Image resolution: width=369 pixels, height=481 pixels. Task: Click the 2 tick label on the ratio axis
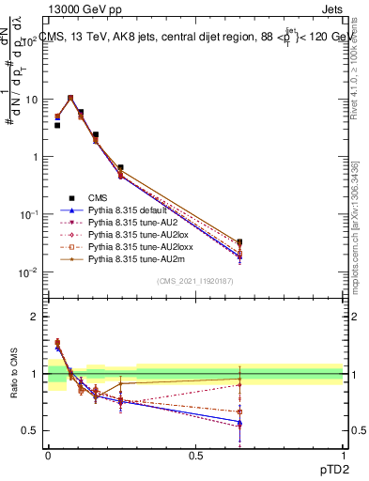tap(32, 317)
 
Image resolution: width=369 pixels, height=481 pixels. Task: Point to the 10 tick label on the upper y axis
tap(28, 100)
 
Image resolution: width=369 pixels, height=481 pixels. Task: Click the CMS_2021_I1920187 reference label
tap(194, 282)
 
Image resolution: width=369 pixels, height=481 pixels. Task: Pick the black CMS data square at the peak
tap(70, 98)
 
